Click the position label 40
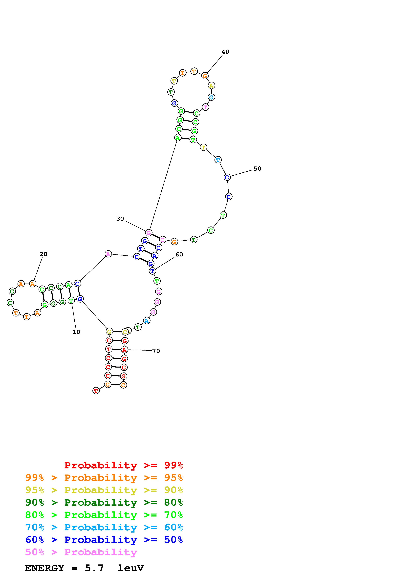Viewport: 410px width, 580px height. pos(225,52)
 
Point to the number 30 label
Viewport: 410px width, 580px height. pos(120,219)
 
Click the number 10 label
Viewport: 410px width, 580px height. pos(76,332)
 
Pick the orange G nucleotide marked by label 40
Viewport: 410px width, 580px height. pos(205,76)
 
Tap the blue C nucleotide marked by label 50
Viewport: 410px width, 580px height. pos(227,177)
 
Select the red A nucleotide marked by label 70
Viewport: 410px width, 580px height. pos(124,350)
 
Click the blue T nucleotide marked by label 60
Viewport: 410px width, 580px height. pos(152,271)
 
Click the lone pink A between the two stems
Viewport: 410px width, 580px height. pos(108,254)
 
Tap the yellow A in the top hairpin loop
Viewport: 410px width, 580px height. pos(211,86)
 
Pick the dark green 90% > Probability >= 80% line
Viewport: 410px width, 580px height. pos(104,502)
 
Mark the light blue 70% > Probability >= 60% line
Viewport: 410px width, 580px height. pos(104,527)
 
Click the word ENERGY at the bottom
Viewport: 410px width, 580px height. pos(44,568)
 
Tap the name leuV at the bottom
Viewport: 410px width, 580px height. pos(131,568)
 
